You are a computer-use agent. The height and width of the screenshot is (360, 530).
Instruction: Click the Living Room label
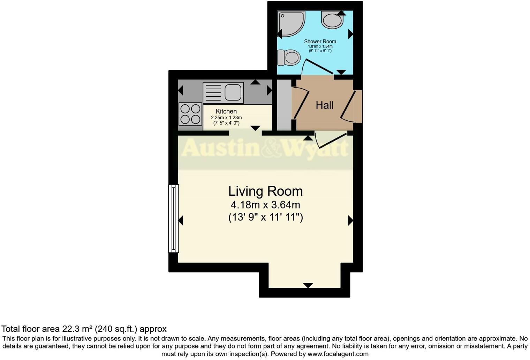(x=265, y=191)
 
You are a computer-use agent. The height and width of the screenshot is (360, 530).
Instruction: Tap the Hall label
(x=324, y=105)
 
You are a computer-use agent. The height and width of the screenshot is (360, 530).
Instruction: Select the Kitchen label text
(x=226, y=111)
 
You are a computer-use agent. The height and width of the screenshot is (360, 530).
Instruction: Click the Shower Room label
(x=320, y=42)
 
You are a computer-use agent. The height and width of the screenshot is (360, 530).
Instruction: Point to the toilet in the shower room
(x=289, y=58)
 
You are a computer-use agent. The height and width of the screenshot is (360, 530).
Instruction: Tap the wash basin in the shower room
(x=332, y=20)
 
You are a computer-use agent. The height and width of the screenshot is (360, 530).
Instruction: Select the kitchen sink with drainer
(x=223, y=93)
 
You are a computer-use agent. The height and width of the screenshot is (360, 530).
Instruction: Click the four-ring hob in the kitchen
(x=190, y=114)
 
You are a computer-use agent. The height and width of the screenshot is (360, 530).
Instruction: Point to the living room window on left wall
(x=173, y=218)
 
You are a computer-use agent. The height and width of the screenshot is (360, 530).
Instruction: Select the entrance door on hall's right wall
(x=350, y=106)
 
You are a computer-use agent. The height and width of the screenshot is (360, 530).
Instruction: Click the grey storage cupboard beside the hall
(x=284, y=105)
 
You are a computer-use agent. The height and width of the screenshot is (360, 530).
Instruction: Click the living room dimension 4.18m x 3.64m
(x=265, y=205)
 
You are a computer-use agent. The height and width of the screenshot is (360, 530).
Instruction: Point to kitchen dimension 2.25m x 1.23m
(x=226, y=118)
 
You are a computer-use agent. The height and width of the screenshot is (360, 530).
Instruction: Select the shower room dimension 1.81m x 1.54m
(x=320, y=46)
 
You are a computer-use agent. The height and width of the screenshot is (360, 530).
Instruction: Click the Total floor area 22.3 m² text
(x=84, y=329)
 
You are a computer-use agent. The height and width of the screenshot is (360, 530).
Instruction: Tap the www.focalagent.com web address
(x=337, y=354)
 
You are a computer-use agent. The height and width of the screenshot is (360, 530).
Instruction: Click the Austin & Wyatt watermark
(x=265, y=148)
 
